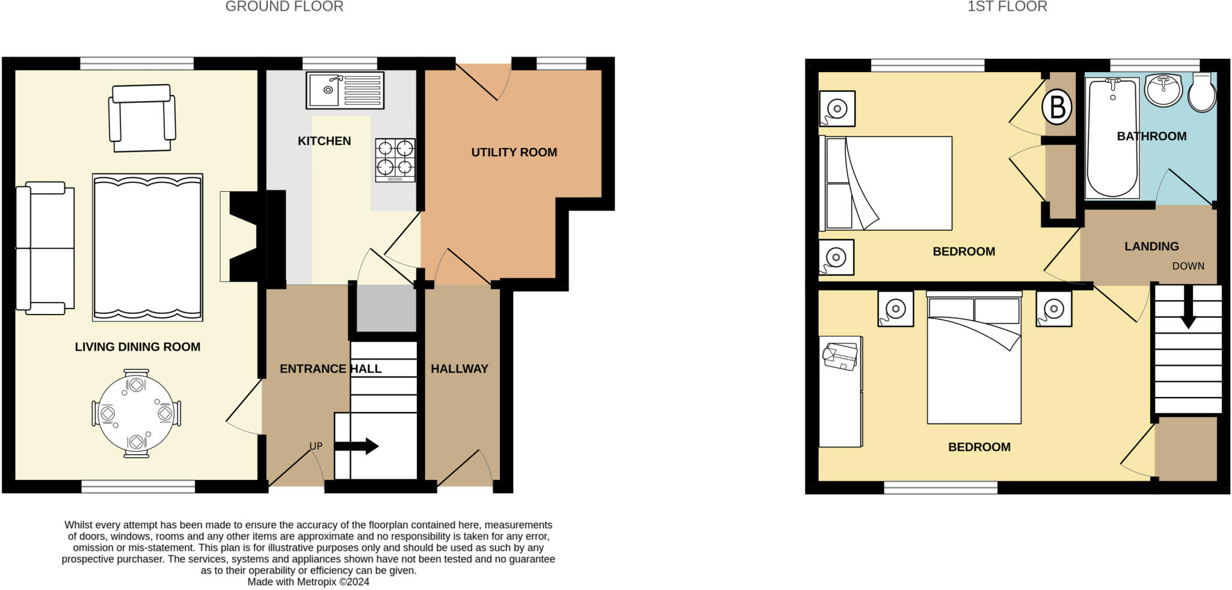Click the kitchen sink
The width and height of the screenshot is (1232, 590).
[345, 91]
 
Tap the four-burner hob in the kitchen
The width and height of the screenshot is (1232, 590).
[395, 160]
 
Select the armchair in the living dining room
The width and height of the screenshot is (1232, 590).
[142, 118]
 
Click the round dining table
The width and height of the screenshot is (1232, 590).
[136, 414]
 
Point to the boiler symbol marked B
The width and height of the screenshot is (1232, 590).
[1058, 107]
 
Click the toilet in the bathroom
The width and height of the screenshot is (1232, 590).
[1202, 93]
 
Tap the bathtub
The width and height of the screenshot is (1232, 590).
[1112, 138]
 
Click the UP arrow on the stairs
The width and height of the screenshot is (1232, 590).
[356, 446]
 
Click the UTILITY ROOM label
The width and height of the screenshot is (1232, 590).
[514, 152]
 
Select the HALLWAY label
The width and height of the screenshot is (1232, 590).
[459, 369]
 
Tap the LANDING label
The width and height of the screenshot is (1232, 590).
[1151, 246]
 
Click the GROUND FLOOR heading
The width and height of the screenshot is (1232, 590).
[285, 7]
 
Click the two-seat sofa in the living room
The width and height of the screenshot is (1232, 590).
[45, 248]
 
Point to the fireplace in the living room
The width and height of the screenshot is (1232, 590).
[244, 236]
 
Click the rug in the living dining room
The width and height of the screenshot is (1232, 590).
[147, 247]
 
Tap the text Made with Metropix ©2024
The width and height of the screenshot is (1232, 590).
[308, 582]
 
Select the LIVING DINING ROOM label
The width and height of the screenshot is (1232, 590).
[137, 346]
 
